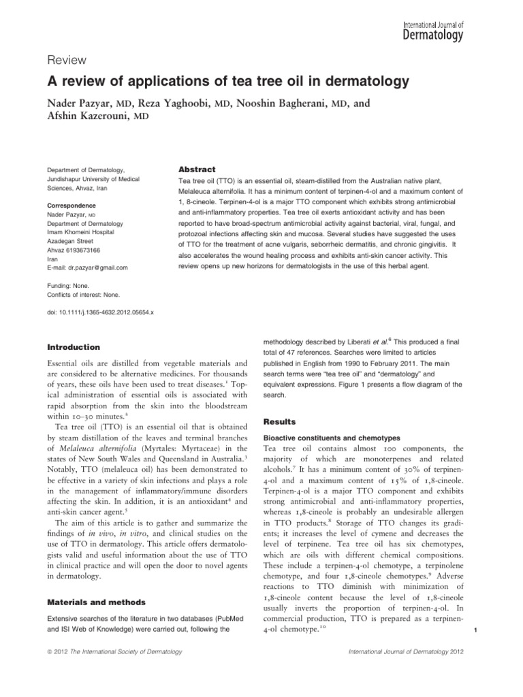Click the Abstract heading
click(196, 169)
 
